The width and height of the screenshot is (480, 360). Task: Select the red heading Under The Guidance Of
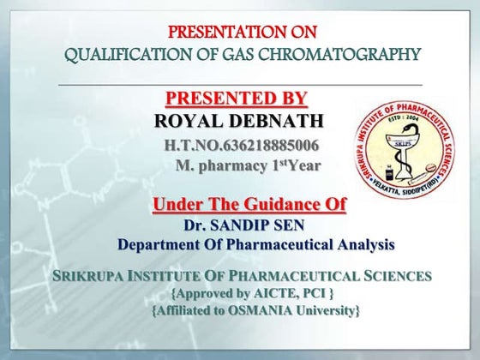tap(249, 204)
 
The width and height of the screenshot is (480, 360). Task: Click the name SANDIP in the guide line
tap(249, 226)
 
